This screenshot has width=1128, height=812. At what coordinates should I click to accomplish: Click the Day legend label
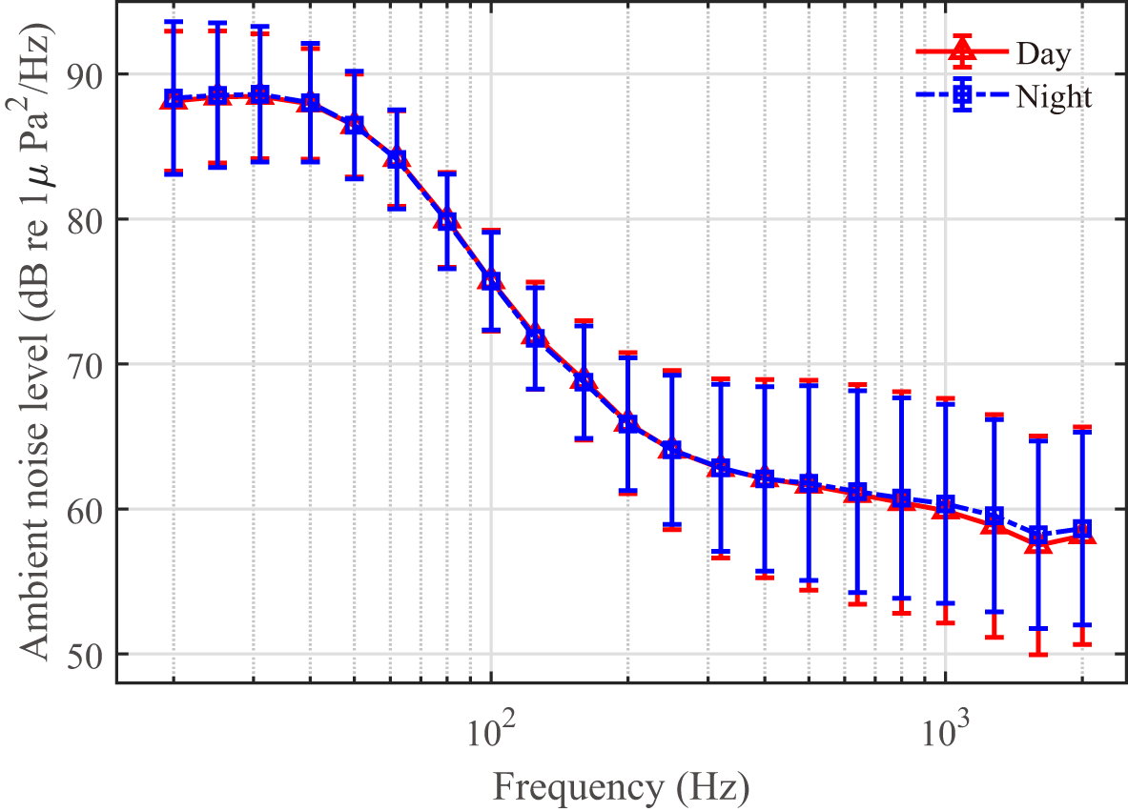pos(1043,53)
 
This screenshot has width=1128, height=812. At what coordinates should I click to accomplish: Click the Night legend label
pos(1054,96)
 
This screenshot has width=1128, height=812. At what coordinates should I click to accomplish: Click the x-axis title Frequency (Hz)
pos(620,788)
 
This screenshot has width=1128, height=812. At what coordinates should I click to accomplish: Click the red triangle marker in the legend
pos(962,54)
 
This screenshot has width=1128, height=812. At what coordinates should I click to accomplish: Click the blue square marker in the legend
pos(962,95)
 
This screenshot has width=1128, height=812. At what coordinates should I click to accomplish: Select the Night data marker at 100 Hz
pos(491,280)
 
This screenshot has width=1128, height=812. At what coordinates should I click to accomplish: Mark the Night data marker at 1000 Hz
pos(945,503)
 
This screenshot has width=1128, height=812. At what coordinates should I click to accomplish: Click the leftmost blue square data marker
pos(174,98)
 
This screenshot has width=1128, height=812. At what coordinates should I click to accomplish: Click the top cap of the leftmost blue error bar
pos(174,21)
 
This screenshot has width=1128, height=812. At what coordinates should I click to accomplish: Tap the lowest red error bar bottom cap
pos(1038,655)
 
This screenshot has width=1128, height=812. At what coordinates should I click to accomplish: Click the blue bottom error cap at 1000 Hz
pos(945,603)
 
